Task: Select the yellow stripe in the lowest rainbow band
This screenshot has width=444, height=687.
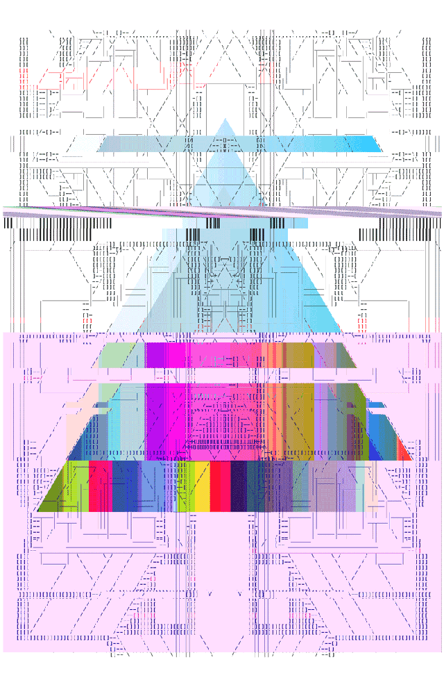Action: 202,486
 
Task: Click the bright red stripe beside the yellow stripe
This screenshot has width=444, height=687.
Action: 220,486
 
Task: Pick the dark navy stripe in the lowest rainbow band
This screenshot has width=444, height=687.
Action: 238,486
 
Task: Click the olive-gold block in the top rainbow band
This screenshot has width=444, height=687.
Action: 300,354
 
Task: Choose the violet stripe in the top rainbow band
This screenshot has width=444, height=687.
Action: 155,354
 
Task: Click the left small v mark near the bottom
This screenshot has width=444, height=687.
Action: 210,595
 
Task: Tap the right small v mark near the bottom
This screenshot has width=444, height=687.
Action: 239,595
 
